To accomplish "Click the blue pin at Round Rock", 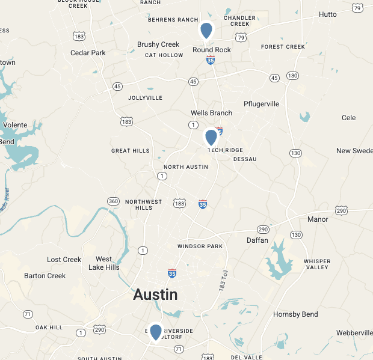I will pos(206,30).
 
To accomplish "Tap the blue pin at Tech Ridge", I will pos(211,137).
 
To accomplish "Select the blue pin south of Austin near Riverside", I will pos(156,332).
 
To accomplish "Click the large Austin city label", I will pos(155,294).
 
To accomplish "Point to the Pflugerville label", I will pos(261,104).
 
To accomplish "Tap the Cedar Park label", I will pos(88,53).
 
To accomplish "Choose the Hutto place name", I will pos(328,14).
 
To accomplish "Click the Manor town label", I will pos(318,219).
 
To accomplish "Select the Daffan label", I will pos(257,240).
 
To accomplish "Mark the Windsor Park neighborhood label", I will pos(200,246).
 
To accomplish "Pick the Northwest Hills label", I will pos(143,204).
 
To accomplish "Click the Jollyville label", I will pos(146,97).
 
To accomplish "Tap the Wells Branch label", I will pos(211,113).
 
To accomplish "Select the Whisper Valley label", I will pos(317,264).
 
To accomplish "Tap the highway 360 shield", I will pos(113,201).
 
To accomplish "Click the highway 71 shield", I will pos(28,314).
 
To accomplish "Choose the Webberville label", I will pos(354,333).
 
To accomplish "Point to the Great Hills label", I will pos(130,151).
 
